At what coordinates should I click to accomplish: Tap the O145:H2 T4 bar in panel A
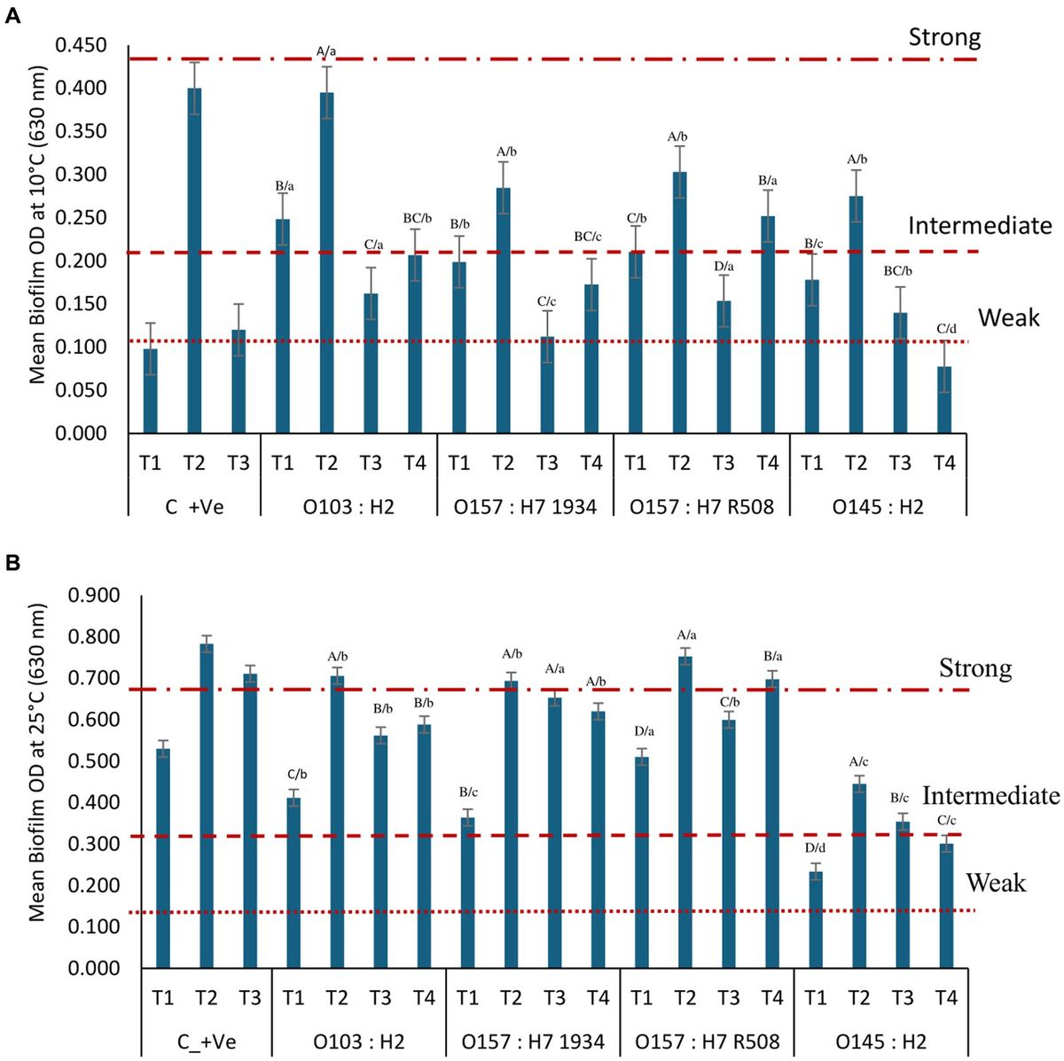(x=944, y=399)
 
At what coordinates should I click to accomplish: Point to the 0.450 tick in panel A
(x=81, y=45)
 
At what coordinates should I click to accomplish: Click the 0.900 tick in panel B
(x=94, y=596)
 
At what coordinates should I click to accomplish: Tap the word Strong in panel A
(x=944, y=37)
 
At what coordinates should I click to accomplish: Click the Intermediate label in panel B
(x=990, y=796)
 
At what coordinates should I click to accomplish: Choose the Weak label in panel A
(x=1008, y=318)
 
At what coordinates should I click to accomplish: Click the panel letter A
(x=12, y=16)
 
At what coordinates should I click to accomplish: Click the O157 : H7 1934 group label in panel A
(x=525, y=507)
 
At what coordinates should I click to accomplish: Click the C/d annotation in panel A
(x=946, y=330)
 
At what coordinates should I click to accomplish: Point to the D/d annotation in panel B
(x=816, y=848)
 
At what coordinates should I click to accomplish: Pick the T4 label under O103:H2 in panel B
(x=424, y=998)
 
